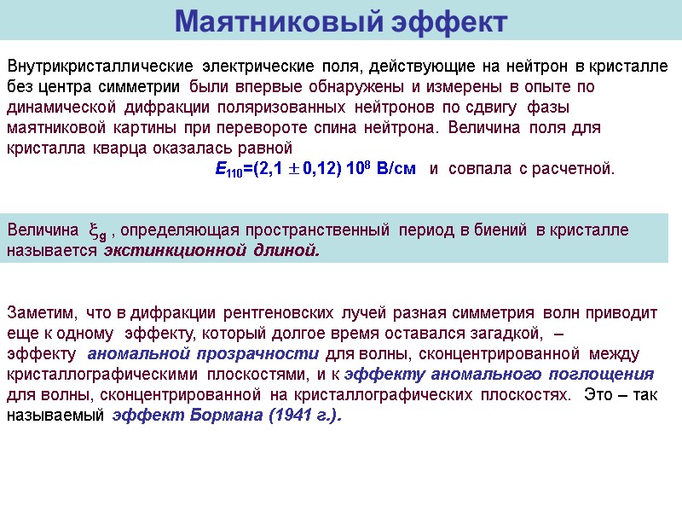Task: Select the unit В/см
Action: coord(394,168)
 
